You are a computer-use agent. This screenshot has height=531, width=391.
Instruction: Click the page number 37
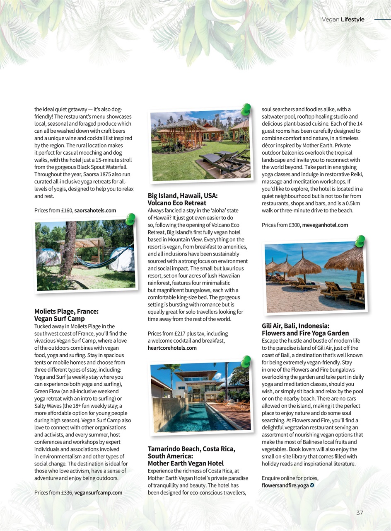tap(360, 513)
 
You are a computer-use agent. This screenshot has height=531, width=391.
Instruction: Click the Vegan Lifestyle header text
tap(343, 19)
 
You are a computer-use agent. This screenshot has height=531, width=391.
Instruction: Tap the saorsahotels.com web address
tap(95, 210)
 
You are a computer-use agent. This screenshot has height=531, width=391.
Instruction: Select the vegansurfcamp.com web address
tap(98, 492)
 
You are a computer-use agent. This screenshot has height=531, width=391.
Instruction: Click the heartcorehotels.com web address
tap(172, 348)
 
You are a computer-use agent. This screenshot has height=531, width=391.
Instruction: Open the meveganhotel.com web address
tap(325, 225)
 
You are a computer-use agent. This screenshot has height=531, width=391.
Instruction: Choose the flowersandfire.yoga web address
tap(285, 485)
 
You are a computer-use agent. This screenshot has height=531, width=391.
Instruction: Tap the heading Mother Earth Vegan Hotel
tap(186, 463)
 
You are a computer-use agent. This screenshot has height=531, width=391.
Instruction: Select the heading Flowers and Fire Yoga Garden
tap(305, 333)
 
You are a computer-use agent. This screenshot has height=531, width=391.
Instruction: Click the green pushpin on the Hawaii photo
tap(246, 109)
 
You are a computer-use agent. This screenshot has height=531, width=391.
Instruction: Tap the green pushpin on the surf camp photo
tap(130, 219)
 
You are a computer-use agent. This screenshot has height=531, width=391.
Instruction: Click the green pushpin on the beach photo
tap(360, 241)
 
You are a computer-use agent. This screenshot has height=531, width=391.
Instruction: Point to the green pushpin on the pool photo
tap(246, 361)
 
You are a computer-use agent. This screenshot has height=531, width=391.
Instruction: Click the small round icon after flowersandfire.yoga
tap(312, 485)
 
